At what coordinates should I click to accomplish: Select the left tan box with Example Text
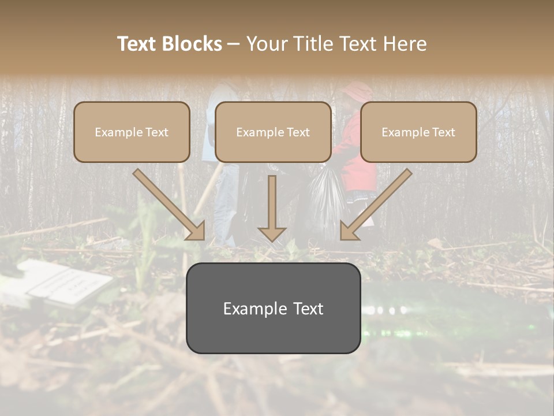tap(132, 132)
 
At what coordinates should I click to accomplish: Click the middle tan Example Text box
tap(273, 132)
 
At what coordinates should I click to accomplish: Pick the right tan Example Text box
tap(418, 132)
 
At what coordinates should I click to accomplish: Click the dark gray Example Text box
tap(273, 308)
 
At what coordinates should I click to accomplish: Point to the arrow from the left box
tap(169, 205)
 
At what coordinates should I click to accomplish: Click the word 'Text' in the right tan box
tap(443, 132)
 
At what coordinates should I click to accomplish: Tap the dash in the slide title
tap(234, 44)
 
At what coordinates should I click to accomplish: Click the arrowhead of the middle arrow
tap(272, 233)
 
